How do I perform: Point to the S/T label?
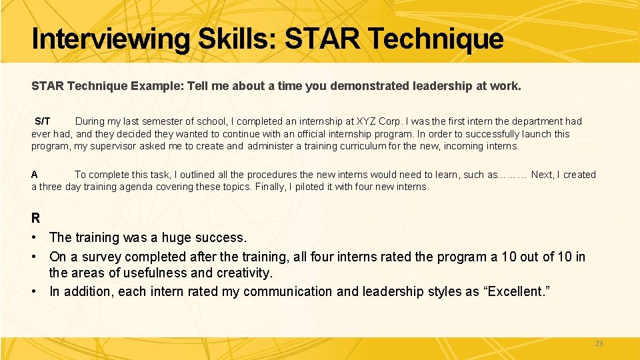(42, 121)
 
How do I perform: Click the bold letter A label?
(35, 175)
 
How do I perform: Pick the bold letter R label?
(35, 218)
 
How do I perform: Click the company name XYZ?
(366, 121)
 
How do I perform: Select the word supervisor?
(114, 146)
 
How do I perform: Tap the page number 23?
(598, 343)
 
